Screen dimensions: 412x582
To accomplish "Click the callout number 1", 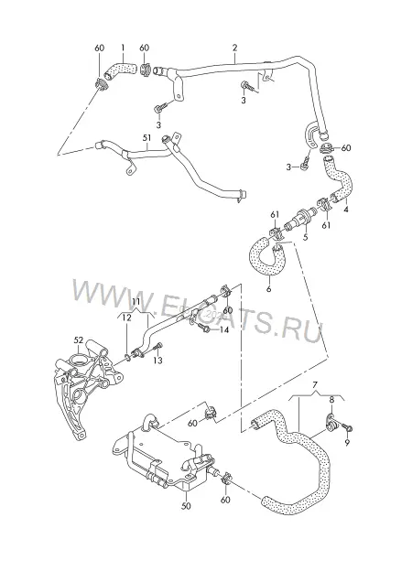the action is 123,48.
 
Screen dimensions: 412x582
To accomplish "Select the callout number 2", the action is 234,48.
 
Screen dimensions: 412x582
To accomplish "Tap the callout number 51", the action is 147,138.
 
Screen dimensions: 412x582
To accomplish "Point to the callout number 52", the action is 79,339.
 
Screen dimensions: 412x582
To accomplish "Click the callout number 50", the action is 187,506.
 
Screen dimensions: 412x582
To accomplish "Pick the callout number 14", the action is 224,329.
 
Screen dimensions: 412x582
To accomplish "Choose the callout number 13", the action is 157,360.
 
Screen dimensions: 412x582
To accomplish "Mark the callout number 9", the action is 347,443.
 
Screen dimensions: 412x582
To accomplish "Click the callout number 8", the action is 332,401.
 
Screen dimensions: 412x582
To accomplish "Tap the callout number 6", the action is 268,288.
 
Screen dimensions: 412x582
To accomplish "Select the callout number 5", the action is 306,237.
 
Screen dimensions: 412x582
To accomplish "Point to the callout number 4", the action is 346,210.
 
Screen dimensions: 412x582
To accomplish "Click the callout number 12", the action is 126,318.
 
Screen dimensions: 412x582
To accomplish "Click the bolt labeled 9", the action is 348,428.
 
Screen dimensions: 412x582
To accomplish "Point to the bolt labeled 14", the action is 203,328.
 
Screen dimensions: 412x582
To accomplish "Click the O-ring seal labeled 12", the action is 126,358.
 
